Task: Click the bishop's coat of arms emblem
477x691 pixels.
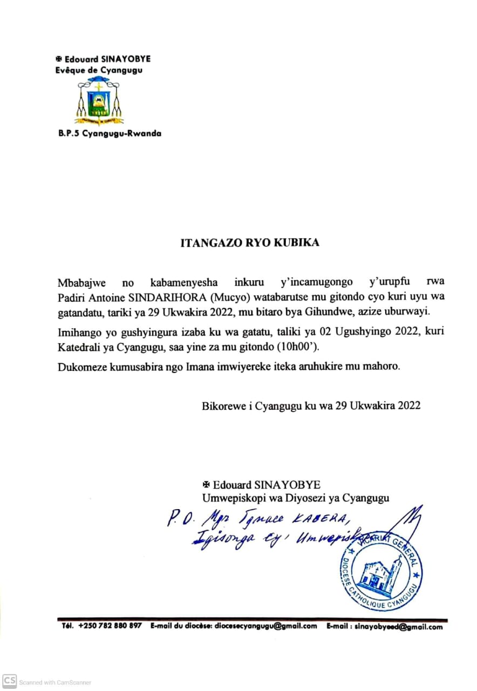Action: point(99,100)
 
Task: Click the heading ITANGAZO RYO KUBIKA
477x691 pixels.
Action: point(250,242)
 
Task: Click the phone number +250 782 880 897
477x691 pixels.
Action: point(110,626)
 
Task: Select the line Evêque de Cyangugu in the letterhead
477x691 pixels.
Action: point(99,70)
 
